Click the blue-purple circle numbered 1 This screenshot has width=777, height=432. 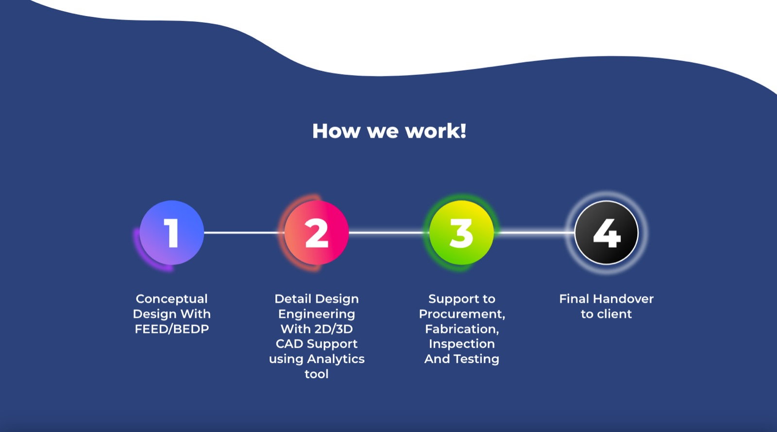(172, 232)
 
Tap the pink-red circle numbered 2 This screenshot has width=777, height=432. (316, 232)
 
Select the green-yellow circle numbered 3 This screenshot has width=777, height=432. (461, 232)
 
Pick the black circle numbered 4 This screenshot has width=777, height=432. (607, 232)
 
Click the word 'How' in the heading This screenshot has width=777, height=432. (336, 131)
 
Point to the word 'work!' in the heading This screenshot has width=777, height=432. (436, 131)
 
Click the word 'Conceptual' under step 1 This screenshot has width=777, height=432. (172, 299)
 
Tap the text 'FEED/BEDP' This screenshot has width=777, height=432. (172, 329)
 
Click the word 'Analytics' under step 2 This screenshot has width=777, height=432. (336, 359)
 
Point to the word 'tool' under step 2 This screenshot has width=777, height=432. (316, 374)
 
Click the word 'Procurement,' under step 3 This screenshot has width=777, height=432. (462, 314)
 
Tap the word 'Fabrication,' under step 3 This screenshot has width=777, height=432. (462, 329)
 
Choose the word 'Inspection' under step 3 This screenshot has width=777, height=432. (462, 344)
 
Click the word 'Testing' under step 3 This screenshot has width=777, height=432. (481, 359)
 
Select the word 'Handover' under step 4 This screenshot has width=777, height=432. (624, 299)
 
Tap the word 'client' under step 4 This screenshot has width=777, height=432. (614, 314)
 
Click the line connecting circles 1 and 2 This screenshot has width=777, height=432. (244, 232)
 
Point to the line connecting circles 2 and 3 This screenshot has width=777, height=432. (389, 232)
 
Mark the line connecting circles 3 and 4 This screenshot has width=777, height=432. (534, 232)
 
